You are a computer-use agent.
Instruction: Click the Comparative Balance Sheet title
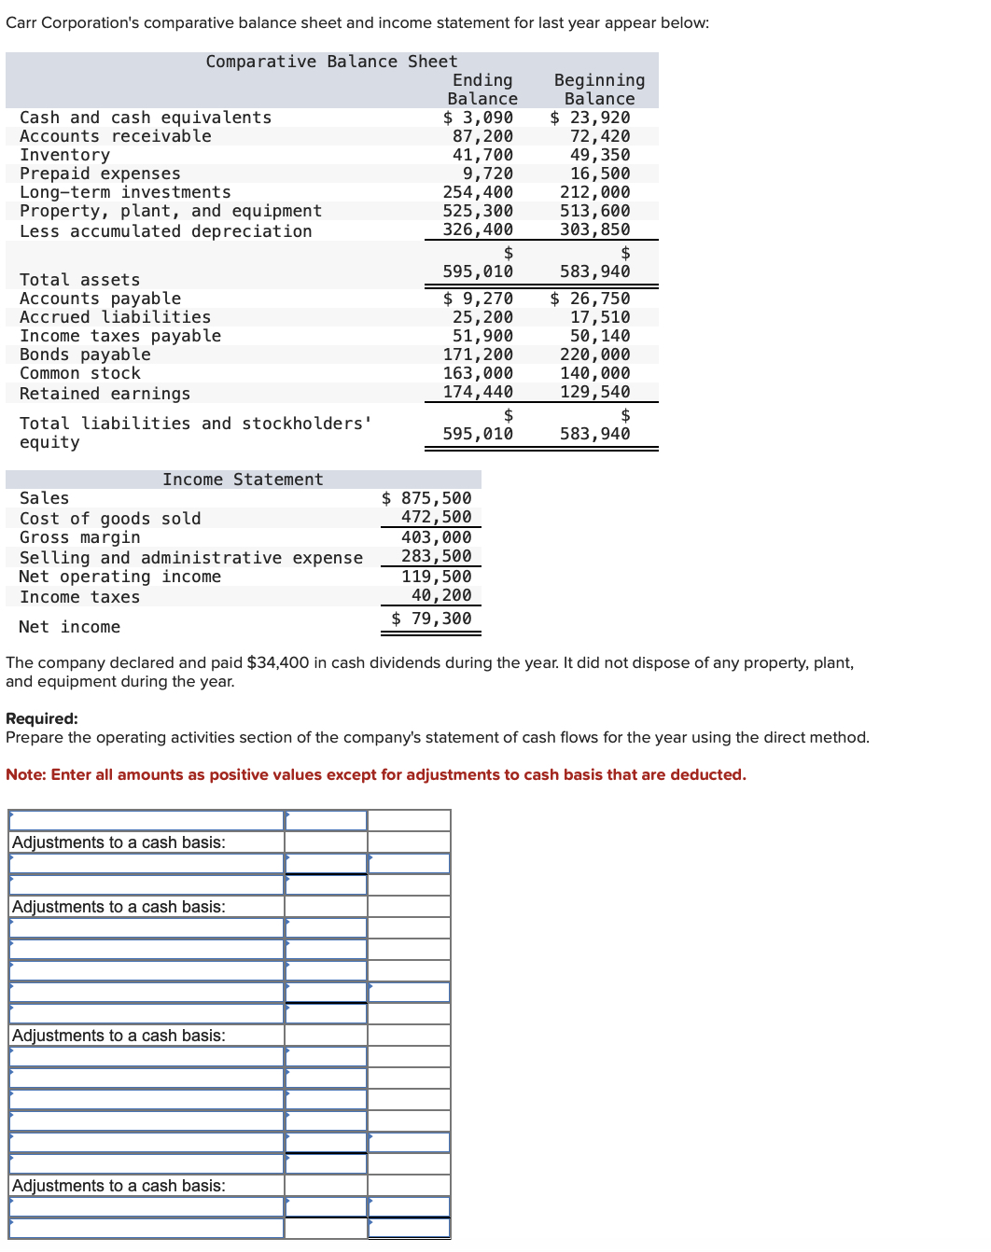coord(331,62)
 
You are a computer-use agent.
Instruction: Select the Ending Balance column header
coord(482,90)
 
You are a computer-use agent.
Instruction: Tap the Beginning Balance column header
coord(599,90)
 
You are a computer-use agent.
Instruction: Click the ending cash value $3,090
coord(478,118)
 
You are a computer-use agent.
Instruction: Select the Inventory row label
coord(64,155)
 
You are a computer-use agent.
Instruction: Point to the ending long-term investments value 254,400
coord(478,192)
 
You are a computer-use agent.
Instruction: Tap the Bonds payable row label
coord(85,355)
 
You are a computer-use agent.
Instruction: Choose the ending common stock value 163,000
coord(478,373)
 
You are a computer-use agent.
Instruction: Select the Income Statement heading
coord(243,480)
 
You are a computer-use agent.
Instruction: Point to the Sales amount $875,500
coord(426,498)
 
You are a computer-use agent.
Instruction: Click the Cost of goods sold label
coord(110,519)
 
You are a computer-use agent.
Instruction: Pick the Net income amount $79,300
coord(431,619)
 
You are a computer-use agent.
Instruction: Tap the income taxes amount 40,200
coord(441,595)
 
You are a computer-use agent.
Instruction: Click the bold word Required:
coord(42,718)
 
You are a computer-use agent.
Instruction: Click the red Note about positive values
coord(375,774)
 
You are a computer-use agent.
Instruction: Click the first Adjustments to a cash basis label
coord(119,842)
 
